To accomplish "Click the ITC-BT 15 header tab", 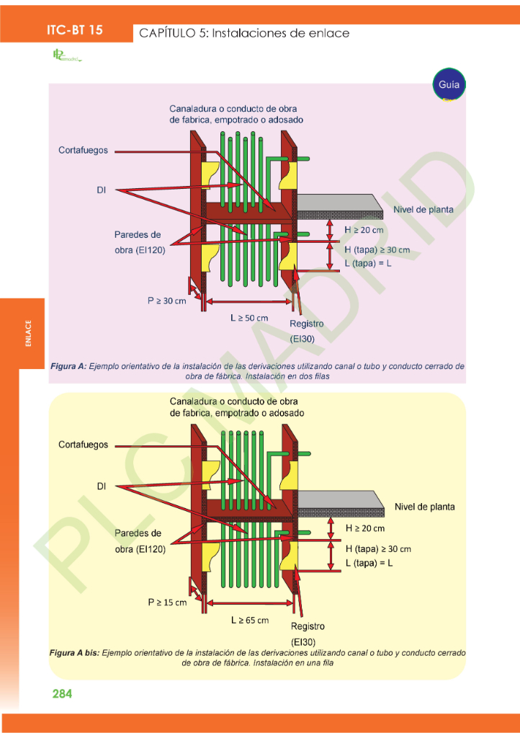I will [74, 30].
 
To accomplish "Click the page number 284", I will [62, 694].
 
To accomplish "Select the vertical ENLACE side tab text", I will [29, 333].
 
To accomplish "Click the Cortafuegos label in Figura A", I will [83, 151].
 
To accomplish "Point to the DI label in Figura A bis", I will [102, 486].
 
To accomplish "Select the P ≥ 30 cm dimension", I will [166, 301].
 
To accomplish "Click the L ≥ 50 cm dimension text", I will [249, 318].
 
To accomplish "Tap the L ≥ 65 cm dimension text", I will [250, 620].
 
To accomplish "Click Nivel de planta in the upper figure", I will [423, 210].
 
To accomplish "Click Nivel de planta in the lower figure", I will [425, 507].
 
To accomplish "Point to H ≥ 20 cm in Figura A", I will [364, 230].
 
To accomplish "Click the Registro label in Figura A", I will [307, 324].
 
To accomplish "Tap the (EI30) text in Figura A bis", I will [303, 641].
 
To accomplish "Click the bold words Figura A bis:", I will [74, 652].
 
